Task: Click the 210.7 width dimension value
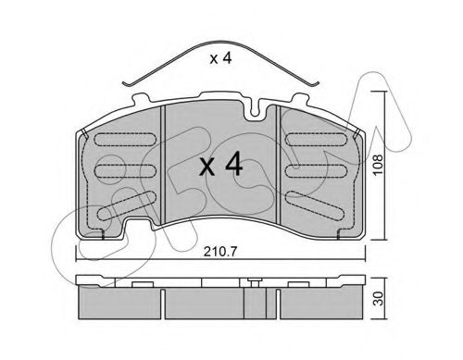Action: click(220, 252)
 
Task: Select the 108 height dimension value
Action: click(378, 165)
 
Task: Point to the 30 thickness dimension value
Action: click(378, 298)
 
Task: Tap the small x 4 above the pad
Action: click(220, 58)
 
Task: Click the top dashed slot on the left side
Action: click(125, 140)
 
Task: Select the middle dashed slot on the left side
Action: click(125, 171)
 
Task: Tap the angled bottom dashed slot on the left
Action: click(127, 205)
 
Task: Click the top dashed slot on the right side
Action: click(316, 140)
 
